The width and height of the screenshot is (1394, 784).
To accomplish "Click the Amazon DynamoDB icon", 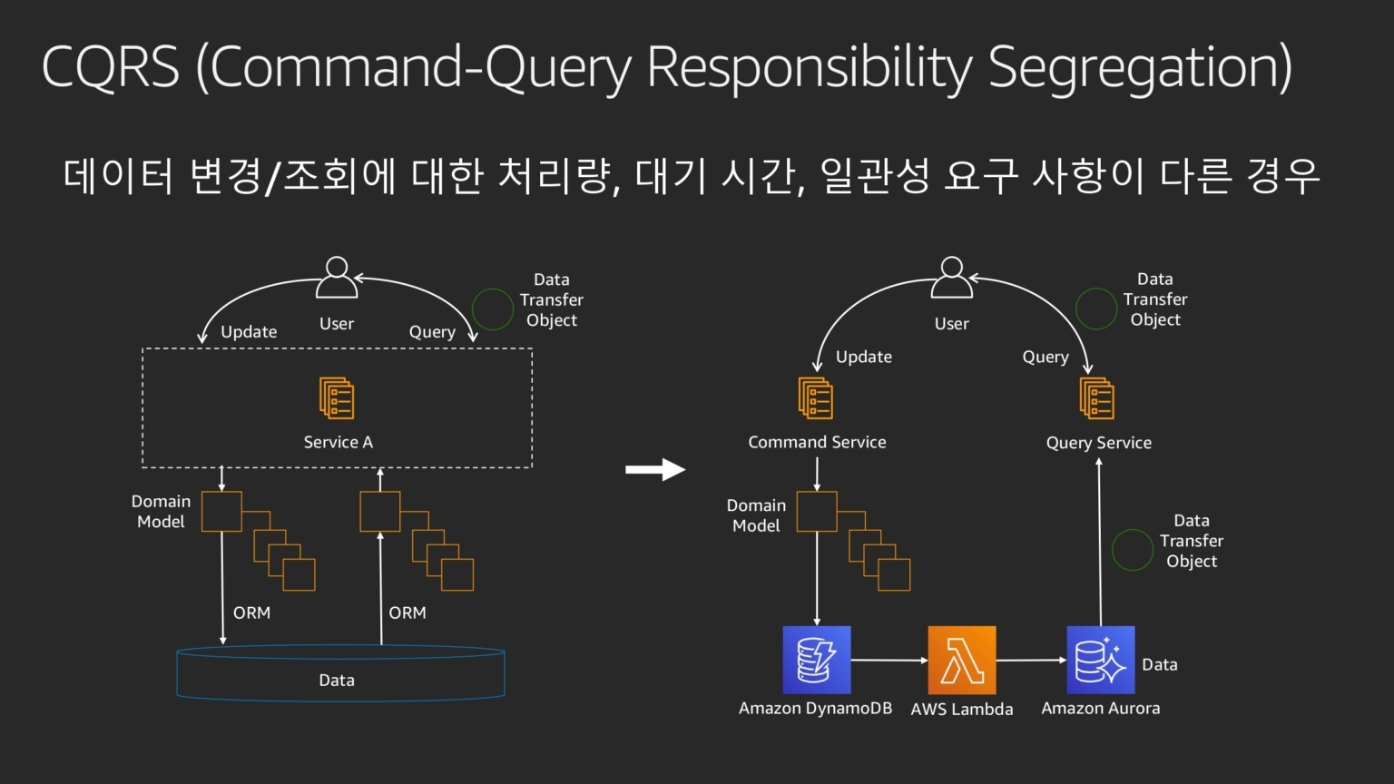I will point(817,660).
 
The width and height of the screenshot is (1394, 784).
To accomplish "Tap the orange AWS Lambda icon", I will point(962,660).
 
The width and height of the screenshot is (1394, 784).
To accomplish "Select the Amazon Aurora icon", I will point(1100,660).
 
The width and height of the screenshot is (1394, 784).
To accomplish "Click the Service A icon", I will point(337,398).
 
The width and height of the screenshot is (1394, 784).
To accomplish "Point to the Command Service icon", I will point(816,398).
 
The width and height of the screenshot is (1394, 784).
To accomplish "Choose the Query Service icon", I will point(1097,398).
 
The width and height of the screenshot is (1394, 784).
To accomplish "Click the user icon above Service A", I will point(337,278).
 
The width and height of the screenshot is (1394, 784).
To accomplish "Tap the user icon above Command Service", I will point(952,278).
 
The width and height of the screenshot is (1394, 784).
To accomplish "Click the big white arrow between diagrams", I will point(655,469).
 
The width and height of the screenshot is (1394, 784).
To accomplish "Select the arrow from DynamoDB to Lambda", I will point(889,661).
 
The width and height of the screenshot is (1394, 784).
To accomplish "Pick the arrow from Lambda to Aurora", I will point(1031,661).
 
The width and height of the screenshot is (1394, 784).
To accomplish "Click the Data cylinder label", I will point(337,681).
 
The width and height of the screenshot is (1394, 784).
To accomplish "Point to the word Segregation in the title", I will point(1139,67).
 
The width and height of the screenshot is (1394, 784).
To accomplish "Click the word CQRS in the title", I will point(111,67).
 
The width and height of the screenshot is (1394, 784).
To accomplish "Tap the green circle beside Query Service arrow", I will point(1133,550).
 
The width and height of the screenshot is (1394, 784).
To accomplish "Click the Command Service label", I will point(817,443).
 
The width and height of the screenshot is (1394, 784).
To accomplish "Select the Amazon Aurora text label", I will point(1100,709).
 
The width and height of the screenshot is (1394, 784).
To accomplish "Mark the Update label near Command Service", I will point(864,358).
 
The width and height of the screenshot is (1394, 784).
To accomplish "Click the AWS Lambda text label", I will point(962,710).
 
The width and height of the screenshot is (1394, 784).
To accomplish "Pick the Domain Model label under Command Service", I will point(756,515).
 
